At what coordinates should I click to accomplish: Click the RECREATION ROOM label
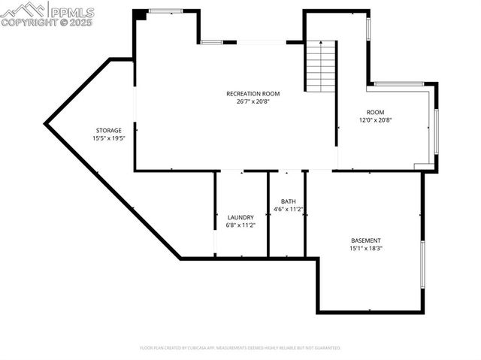(x=253, y=93)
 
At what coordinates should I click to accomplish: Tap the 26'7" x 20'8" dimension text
(x=253, y=101)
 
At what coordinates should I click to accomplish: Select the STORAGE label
(x=108, y=130)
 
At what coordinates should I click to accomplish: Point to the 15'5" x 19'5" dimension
(x=108, y=138)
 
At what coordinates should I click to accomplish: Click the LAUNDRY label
(x=240, y=217)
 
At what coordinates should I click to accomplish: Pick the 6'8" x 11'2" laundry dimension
(x=240, y=225)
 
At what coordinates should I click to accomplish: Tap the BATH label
(x=288, y=201)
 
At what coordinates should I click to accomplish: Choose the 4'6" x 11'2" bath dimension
(x=288, y=209)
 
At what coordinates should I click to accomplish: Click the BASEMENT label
(x=365, y=241)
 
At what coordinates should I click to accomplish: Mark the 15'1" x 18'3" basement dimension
(x=365, y=249)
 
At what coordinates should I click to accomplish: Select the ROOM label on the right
(x=375, y=111)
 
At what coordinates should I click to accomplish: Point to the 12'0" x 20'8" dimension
(x=375, y=119)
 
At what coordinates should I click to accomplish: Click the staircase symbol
(x=320, y=67)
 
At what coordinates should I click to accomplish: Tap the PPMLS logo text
(x=72, y=12)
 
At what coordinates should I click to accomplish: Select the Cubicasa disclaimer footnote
(x=240, y=348)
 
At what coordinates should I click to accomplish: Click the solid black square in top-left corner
(x=140, y=14)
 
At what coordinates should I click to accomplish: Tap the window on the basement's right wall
(x=422, y=265)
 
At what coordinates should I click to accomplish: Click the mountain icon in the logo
(x=24, y=11)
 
